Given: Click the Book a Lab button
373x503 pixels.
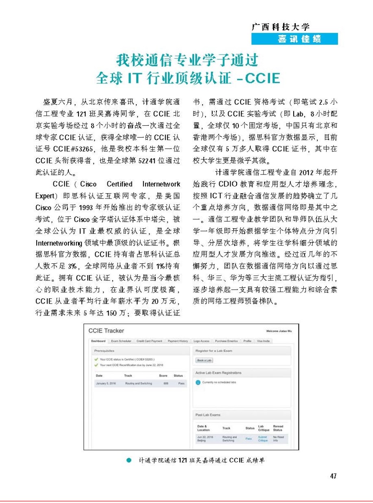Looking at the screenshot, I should click(x=204, y=360).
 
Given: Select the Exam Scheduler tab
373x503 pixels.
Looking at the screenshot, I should click(x=122, y=341).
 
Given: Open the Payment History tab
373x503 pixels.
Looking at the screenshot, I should click(x=178, y=341).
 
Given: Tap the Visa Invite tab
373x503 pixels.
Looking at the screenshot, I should click(x=264, y=341).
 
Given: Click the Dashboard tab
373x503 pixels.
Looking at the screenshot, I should click(x=98, y=341).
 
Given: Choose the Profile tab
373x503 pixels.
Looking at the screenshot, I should click(x=247, y=341).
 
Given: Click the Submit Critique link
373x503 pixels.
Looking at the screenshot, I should click(x=263, y=439).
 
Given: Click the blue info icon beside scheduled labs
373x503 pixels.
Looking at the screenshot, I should click(x=198, y=383).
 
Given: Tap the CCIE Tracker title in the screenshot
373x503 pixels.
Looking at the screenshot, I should click(x=106, y=331).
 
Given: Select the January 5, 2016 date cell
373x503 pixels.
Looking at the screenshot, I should click(x=105, y=383).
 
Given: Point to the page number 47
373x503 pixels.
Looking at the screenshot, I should click(x=333, y=476).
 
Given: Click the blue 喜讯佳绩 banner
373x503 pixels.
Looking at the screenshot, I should click(x=294, y=39).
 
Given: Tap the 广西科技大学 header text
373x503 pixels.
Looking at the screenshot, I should click(x=281, y=27).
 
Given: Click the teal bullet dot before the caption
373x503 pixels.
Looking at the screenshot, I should click(x=129, y=461).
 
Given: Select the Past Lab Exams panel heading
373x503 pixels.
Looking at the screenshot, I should click(x=208, y=415).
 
